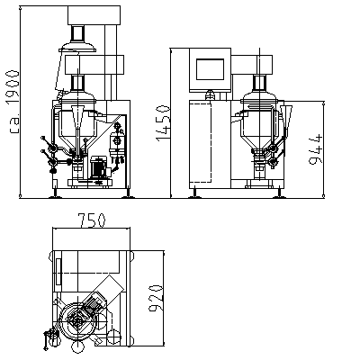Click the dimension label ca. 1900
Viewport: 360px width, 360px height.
[13, 102]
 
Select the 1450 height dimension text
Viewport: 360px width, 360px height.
[163, 122]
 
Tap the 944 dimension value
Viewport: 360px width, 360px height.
[316, 149]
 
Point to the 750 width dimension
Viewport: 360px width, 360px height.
[92, 220]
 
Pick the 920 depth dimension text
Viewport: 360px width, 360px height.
[156, 299]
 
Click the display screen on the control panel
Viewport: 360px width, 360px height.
[210, 69]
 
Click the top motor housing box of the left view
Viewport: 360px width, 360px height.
[94, 15]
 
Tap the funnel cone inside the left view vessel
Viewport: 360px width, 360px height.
[78, 116]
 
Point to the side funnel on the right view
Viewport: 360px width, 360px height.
[286, 117]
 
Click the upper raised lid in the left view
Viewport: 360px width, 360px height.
[77, 47]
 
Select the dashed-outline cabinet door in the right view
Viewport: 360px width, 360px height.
[201, 142]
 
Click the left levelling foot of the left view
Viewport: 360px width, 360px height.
[56, 193]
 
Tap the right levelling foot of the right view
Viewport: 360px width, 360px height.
[280, 193]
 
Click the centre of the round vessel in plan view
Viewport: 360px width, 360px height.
[77, 321]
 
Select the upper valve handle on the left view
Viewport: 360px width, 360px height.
[48, 143]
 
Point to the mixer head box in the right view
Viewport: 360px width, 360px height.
[252, 65]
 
